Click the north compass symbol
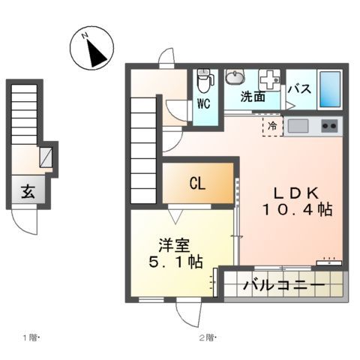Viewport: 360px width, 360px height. click(91, 49)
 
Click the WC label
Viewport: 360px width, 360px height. click(204, 104)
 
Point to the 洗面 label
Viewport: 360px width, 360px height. click(253, 96)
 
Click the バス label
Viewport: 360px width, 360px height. click(301, 88)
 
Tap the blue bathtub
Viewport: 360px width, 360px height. click(329, 88)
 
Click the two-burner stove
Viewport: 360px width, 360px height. click(329, 125)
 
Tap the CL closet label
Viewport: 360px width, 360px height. click(199, 183)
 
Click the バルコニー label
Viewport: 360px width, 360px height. click(283, 286)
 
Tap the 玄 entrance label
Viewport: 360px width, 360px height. click(27, 192)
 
